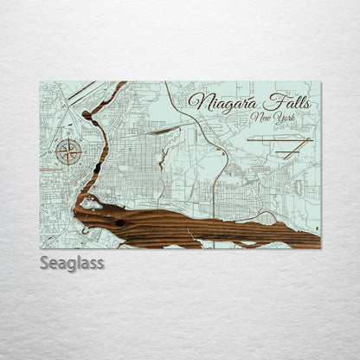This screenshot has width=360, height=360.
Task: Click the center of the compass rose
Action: click(67, 152)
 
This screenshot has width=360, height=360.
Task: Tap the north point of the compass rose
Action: click(67, 139)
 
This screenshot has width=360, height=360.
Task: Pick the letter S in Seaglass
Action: click(45, 261)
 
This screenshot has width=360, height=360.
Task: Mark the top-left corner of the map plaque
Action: click(41, 82)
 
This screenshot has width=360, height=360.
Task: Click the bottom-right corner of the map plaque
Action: click(320, 247)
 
